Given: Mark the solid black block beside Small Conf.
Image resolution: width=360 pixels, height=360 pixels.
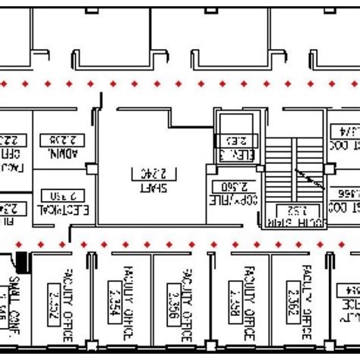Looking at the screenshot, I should coord(22,261).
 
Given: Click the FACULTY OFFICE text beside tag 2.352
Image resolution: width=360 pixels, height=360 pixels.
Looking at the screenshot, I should coord(68,303).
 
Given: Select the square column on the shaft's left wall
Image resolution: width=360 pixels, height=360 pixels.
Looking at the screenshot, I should coord(91,169).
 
